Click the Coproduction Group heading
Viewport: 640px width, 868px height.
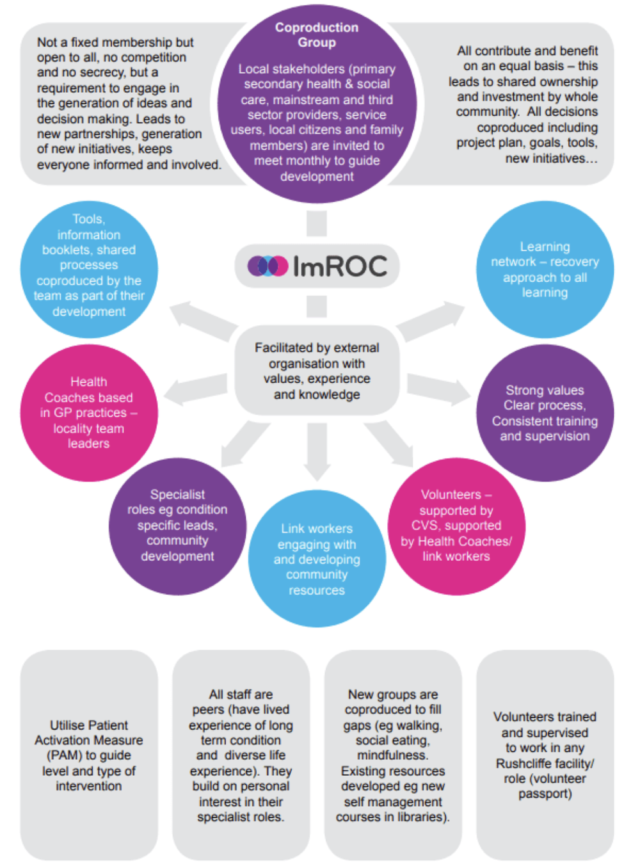click(x=317, y=35)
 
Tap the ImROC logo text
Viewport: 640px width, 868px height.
click(x=340, y=266)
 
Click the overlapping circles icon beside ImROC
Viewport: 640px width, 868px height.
click(x=268, y=266)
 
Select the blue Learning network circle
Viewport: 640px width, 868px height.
click(x=545, y=269)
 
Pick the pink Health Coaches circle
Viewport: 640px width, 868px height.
click(x=89, y=413)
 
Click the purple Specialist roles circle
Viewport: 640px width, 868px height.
click(x=177, y=526)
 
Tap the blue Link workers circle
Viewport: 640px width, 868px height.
click(x=317, y=559)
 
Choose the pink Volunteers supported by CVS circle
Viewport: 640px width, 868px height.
click(x=456, y=526)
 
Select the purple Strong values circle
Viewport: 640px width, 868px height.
click(x=545, y=413)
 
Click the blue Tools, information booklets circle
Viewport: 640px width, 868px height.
click(x=89, y=269)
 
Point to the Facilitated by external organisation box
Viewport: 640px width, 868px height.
click(x=317, y=371)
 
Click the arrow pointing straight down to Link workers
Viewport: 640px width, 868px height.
click(x=317, y=451)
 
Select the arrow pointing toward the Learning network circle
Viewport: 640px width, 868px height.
click(x=431, y=319)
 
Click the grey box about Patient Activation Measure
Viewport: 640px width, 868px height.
click(x=89, y=755)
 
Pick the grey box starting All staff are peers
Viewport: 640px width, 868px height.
click(x=241, y=755)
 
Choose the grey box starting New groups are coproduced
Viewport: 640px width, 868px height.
click(x=393, y=755)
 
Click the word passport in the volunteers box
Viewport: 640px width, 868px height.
click(x=545, y=794)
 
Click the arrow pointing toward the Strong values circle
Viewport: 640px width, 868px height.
click(x=439, y=388)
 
